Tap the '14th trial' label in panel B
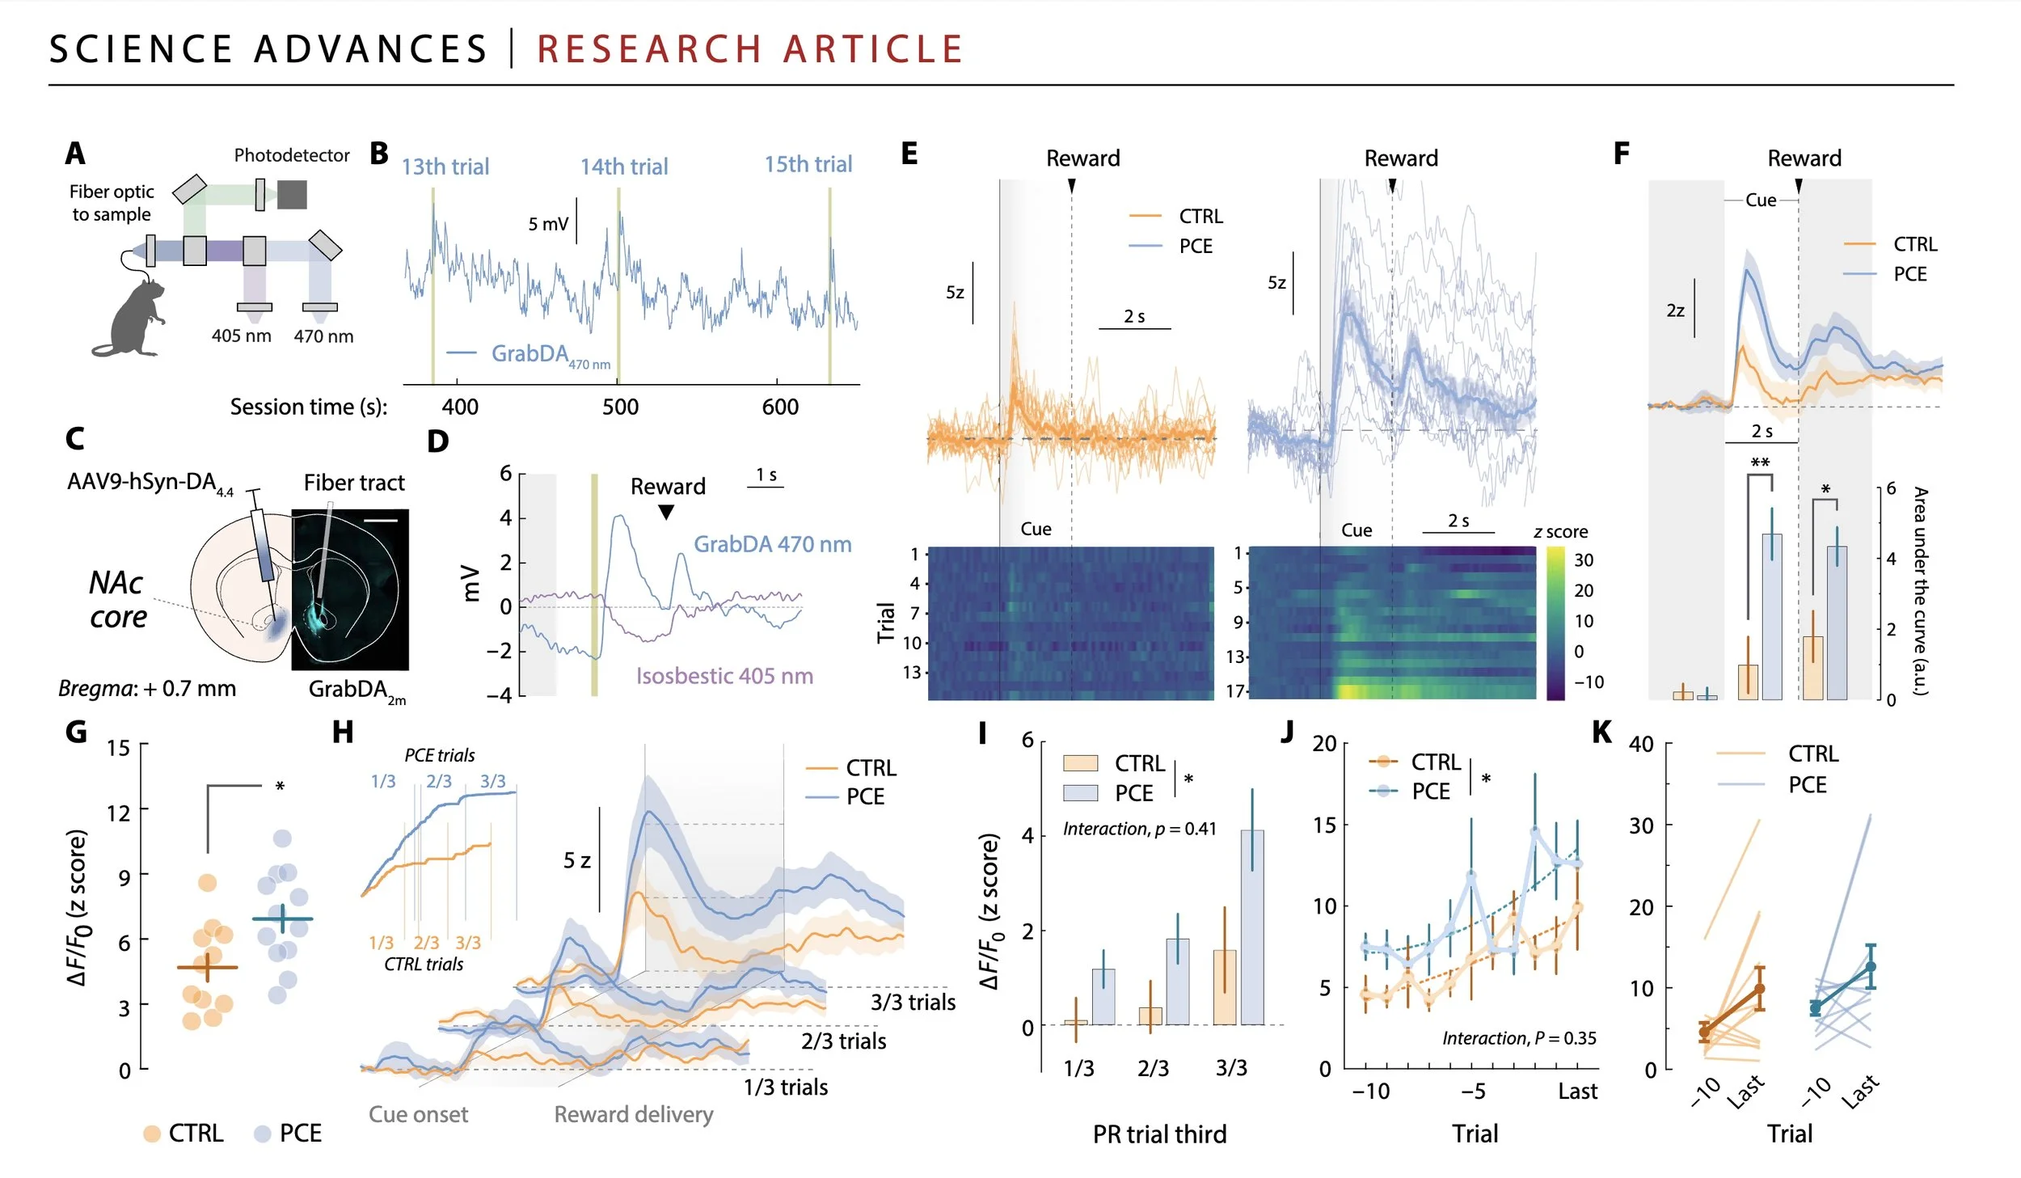point(624,167)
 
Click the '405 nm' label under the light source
point(241,336)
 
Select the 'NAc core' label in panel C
point(117,599)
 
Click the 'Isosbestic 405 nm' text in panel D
point(724,676)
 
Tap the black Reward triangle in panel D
point(665,512)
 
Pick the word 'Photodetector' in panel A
point(291,155)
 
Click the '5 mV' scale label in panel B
point(548,224)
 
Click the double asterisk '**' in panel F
point(1760,463)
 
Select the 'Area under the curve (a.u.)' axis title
point(1921,590)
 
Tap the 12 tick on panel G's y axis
point(119,812)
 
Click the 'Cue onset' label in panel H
point(418,1114)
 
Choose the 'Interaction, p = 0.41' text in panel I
point(1139,829)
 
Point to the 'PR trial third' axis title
point(1159,1134)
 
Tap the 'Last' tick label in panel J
point(1577,1091)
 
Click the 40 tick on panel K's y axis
point(1641,745)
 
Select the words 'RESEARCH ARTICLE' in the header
point(750,49)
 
